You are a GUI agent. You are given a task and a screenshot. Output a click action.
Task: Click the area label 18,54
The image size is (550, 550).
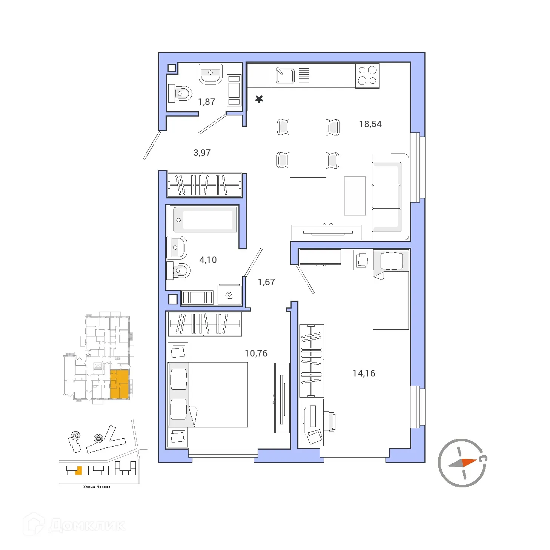[x=370, y=124]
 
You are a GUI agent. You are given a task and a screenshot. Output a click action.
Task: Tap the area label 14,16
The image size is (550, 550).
[x=364, y=373]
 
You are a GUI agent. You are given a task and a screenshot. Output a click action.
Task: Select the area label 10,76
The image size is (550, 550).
[x=256, y=353]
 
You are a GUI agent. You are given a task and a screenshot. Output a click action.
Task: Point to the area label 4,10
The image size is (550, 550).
[x=208, y=260]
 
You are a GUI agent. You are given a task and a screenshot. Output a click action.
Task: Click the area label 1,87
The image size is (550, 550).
[x=206, y=102]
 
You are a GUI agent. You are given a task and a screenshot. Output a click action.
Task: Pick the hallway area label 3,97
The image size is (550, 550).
[x=202, y=153]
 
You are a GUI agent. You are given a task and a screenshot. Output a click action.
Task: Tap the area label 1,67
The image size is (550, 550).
[x=266, y=282]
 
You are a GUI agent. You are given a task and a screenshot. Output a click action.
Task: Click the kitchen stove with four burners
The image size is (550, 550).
[x=367, y=75]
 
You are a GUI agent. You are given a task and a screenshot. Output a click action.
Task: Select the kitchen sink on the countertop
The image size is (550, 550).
[x=285, y=75]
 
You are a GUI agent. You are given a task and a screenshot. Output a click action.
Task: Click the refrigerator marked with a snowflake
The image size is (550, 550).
[x=259, y=99]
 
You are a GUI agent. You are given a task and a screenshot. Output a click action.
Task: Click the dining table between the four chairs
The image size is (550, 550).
[x=308, y=144]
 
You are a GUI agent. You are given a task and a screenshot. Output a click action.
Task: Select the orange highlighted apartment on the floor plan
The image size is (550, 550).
[x=119, y=384]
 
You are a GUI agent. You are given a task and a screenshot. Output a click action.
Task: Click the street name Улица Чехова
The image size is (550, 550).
[x=97, y=487]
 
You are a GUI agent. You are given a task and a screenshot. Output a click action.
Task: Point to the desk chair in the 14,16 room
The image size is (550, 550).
[x=329, y=421]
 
